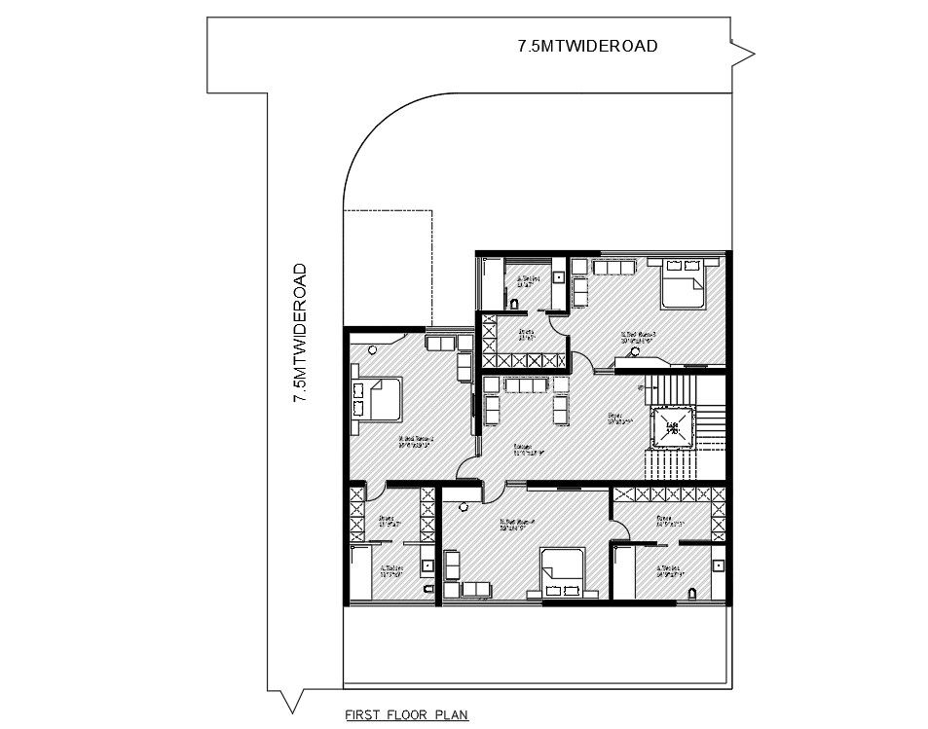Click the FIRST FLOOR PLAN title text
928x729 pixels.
click(407, 714)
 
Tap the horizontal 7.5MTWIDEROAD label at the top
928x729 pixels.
click(587, 46)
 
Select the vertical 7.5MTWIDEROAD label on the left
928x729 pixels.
click(301, 332)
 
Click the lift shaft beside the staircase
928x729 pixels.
click(671, 425)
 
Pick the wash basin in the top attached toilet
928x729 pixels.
click(558, 276)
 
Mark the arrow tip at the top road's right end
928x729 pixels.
click(754, 51)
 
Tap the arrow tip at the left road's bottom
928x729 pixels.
click(289, 708)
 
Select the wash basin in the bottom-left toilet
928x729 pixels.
click(426, 565)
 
